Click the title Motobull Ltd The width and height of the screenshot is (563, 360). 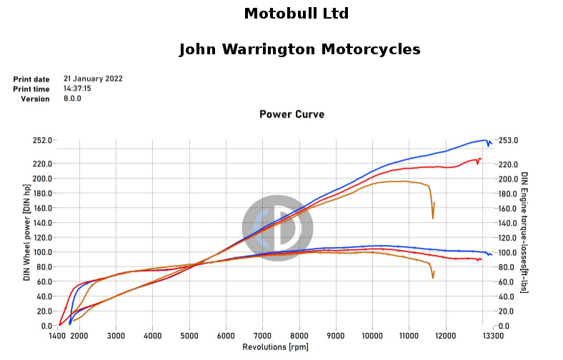click(297, 14)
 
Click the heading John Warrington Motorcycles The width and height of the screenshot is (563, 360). click(299, 49)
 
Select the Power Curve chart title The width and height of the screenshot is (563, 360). click(292, 114)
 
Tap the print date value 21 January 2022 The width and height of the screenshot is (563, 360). click(93, 79)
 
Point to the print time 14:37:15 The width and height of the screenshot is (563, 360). click(77, 89)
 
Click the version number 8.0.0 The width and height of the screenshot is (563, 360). click(73, 99)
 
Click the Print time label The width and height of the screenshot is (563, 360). click(31, 89)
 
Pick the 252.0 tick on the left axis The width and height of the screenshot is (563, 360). click(42, 140)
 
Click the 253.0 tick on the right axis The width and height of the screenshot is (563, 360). click(509, 140)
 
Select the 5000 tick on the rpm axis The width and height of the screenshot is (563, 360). click(189, 336)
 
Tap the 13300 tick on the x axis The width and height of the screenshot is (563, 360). click(493, 336)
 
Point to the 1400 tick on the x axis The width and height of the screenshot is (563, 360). click(57, 336)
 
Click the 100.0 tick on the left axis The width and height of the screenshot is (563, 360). click(42, 252)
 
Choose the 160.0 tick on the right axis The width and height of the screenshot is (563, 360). click(509, 209)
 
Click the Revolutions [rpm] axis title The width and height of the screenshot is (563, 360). click(275, 347)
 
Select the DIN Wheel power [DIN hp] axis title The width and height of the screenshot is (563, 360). click(27, 233)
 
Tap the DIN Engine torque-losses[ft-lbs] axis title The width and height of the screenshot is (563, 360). click(524, 233)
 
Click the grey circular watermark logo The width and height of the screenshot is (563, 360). click(277, 228)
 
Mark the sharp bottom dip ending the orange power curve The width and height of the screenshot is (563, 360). click(433, 219)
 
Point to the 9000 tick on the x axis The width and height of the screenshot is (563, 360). click(336, 336)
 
